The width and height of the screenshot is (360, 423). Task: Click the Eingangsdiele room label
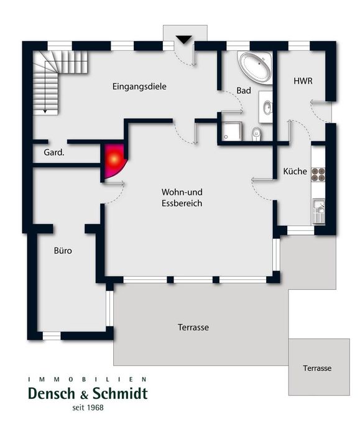139,87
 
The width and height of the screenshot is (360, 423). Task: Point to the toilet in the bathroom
256,134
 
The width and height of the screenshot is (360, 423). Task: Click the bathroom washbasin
267,108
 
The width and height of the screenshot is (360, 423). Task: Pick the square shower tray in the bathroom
232,131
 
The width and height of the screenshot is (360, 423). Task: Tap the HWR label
303,81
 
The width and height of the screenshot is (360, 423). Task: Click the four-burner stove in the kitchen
318,174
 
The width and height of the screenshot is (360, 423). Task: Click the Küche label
295,171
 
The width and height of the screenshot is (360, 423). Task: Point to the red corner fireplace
114,160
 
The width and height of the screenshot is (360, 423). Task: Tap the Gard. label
54,152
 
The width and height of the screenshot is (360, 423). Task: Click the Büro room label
63,251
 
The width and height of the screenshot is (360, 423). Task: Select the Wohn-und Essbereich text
182,198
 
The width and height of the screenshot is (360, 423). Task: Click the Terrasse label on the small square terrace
317,368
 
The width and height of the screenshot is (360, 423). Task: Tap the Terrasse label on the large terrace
193,327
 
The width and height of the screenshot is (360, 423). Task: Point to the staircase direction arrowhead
45,111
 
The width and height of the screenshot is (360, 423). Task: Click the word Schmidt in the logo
120,394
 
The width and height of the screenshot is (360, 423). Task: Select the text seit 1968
88,407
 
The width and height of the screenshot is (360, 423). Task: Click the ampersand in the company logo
84,395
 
